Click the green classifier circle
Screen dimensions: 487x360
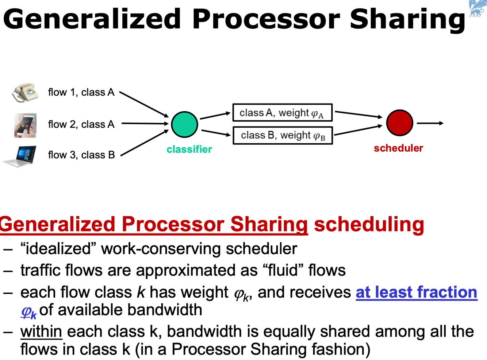(x=184, y=124)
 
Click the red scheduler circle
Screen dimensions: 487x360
(x=399, y=123)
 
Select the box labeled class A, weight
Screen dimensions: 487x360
(x=282, y=113)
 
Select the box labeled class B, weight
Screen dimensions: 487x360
(x=282, y=135)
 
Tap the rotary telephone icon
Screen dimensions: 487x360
(x=25, y=92)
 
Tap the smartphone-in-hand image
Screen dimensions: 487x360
(x=25, y=125)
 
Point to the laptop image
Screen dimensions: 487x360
(x=21, y=156)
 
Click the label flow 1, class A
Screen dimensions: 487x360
(x=81, y=92)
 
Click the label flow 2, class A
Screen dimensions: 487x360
(x=81, y=124)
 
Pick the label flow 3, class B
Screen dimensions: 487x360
(x=81, y=155)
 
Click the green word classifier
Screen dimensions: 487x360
(x=189, y=149)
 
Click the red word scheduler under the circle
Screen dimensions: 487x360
(x=398, y=148)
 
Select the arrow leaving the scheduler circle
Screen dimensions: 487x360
(x=430, y=123)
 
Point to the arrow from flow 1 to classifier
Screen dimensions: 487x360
(x=143, y=104)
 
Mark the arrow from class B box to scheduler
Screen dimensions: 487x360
(x=358, y=130)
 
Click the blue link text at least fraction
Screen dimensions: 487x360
(x=416, y=292)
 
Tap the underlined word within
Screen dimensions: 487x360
(x=41, y=332)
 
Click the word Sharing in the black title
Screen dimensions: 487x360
(x=407, y=19)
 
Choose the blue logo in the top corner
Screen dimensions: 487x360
(x=477, y=8)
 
